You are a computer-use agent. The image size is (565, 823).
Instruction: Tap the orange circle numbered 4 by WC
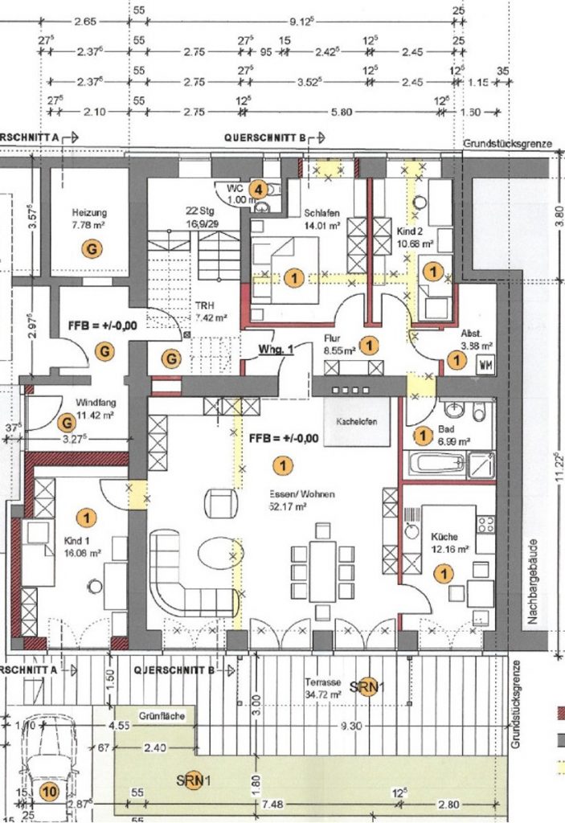[258, 189]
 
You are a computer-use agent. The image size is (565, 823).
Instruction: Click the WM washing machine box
[485, 364]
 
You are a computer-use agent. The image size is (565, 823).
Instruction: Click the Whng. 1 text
[276, 349]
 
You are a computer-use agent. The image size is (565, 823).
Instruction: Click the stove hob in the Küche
[485, 524]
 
